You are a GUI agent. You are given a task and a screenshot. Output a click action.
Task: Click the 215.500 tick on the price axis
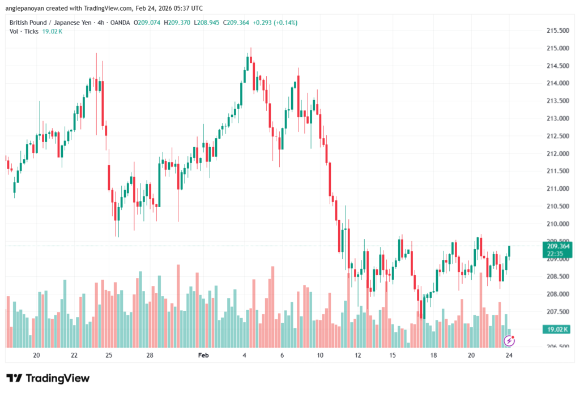[557, 31]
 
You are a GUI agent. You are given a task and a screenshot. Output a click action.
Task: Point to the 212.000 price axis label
[557, 153]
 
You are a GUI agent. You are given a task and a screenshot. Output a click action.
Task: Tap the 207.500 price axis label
[557, 311]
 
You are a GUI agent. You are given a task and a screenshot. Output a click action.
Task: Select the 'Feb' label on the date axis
[203, 356]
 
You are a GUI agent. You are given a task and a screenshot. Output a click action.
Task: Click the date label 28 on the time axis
[150, 356]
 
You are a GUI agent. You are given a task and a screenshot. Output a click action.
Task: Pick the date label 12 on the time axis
[358, 356]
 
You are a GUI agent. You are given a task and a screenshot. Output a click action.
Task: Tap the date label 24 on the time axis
[509, 356]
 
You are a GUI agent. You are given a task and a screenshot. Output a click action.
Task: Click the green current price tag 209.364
[558, 246]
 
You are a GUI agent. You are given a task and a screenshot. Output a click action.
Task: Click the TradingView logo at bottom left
[48, 378]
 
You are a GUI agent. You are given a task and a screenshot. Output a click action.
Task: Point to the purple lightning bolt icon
[509, 340]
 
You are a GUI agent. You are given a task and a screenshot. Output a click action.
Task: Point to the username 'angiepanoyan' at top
[24, 8]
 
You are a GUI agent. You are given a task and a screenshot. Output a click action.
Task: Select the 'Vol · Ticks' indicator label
[24, 31]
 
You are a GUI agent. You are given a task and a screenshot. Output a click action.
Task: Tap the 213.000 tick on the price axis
[557, 118]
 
